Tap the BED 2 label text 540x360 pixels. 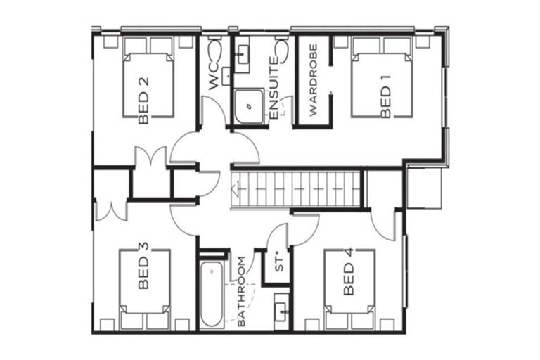143,100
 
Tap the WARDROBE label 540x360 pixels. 314,83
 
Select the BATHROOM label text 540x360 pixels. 241,292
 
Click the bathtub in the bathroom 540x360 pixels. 212,295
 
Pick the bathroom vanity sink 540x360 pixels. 281,311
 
